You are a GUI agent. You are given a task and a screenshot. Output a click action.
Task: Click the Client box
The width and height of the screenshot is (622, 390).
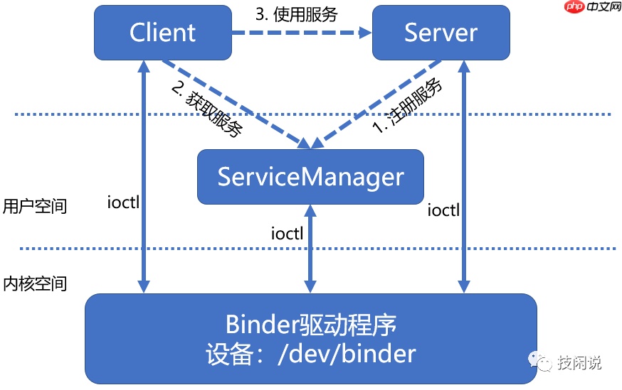point(163,33)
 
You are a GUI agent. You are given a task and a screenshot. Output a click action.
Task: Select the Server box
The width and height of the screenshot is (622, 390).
point(441,33)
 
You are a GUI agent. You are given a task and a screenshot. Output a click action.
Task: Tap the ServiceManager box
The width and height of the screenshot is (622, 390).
point(310,176)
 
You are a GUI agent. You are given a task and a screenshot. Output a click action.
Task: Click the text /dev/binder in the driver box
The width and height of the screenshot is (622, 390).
point(345,353)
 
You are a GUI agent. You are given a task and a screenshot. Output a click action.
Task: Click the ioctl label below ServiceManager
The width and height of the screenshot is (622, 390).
point(288,232)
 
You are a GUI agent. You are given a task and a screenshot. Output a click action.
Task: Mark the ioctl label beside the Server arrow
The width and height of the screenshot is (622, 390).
point(443,210)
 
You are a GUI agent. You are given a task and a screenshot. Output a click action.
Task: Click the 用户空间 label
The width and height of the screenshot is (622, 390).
point(35,206)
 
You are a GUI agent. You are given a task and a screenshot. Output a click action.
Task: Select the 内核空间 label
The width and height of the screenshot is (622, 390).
point(35,283)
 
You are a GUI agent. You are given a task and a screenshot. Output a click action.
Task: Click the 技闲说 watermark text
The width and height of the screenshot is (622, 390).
point(579,362)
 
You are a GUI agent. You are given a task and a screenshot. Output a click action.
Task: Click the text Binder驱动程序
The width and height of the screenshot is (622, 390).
point(310,325)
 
